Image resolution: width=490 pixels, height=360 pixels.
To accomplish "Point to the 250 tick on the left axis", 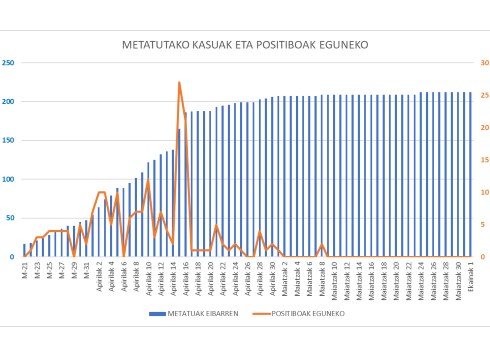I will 10,62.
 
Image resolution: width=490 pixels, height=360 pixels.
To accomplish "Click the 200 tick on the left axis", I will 10,101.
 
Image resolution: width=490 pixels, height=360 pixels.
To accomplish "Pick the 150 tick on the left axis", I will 10,140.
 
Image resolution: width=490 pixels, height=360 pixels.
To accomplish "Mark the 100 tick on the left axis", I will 10,179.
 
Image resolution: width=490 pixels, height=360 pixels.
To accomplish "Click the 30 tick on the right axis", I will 481,62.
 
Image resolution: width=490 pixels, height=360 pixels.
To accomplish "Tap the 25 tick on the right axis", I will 481,95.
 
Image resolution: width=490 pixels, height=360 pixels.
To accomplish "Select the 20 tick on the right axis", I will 481,127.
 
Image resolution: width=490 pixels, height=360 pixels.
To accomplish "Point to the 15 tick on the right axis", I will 481,159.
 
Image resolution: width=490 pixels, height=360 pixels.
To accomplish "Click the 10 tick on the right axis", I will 481,192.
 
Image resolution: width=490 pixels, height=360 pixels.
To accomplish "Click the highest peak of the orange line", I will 179,82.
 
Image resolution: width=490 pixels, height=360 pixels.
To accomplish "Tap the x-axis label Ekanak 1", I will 470,272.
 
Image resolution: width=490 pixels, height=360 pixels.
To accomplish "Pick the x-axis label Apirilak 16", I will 185,275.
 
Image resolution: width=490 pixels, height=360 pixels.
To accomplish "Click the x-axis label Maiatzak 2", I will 284,275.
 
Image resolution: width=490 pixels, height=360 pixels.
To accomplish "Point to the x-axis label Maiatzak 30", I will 457,275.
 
